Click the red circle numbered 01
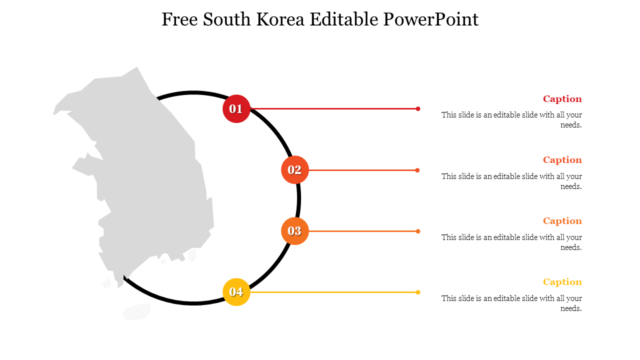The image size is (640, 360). pos(236,108)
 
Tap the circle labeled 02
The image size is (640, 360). pos(294,170)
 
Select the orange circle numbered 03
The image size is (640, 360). pos(294,231)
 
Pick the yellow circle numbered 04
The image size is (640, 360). pos(236,292)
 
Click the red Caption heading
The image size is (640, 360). pos(562,99)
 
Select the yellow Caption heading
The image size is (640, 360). pos(562,282)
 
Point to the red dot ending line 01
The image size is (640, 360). pos(418,108)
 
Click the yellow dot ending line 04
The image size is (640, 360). pos(418,292)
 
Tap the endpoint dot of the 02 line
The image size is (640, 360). pos(417,170)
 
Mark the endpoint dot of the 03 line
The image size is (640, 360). pos(418,231)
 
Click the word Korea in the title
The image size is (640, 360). pos(281,19)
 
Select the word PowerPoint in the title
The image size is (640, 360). pos(431,19)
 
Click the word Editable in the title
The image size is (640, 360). pos(344,19)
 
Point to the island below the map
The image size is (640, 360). pos(137,311)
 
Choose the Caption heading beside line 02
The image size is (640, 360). pos(562,160)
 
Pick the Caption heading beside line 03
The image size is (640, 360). pos(562,221)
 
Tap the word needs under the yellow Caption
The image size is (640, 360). pos(570,308)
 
